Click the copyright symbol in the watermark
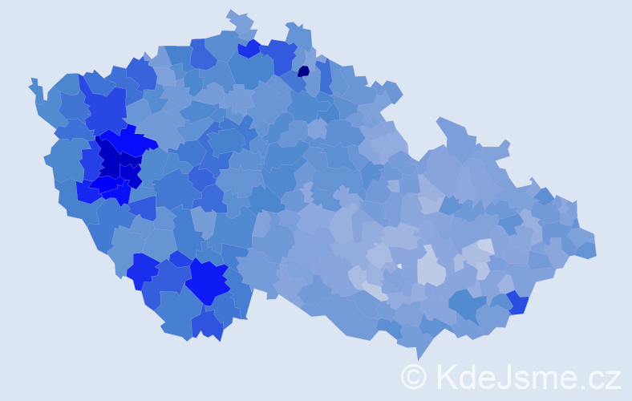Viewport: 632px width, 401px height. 413,376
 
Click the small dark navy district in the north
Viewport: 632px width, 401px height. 303,71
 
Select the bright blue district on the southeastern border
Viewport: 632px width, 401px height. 517,302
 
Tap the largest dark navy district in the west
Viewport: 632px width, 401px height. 111,156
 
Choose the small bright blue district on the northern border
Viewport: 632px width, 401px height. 249,49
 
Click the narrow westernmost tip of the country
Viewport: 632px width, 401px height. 34,83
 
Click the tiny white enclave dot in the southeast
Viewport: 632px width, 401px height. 399,265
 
